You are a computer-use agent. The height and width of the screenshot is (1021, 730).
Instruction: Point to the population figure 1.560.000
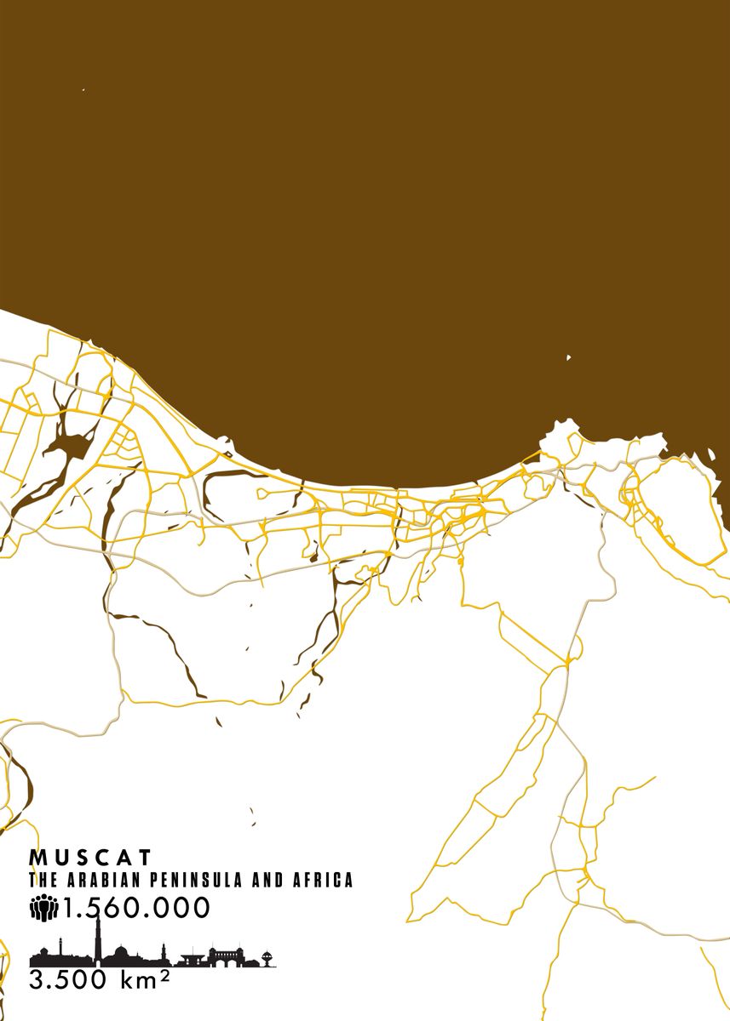point(136,909)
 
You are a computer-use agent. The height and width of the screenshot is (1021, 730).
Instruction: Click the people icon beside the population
point(43,909)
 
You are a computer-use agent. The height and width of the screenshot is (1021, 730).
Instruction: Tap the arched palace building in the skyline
point(226,956)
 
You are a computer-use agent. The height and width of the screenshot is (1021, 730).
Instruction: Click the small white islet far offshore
point(568,357)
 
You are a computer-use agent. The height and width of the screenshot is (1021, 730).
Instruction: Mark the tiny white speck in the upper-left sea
point(83,89)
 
